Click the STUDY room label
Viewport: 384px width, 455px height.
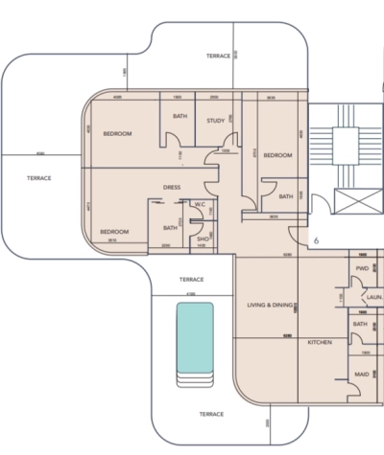tap(216, 120)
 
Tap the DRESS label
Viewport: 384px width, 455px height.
tap(173, 187)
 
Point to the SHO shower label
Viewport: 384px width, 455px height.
tap(203, 239)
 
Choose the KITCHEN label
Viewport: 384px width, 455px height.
tap(320, 342)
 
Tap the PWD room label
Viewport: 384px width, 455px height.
tap(362, 268)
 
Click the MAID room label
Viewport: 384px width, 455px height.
tap(362, 374)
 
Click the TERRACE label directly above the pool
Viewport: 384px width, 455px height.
tap(192, 279)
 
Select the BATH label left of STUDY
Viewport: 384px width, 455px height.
tap(180, 116)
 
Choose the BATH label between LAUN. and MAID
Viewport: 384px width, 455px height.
tap(360, 324)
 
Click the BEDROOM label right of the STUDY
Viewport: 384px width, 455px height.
tap(277, 154)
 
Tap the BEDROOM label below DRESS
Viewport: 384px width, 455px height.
tap(114, 232)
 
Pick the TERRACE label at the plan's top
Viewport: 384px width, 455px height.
tap(219, 56)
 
